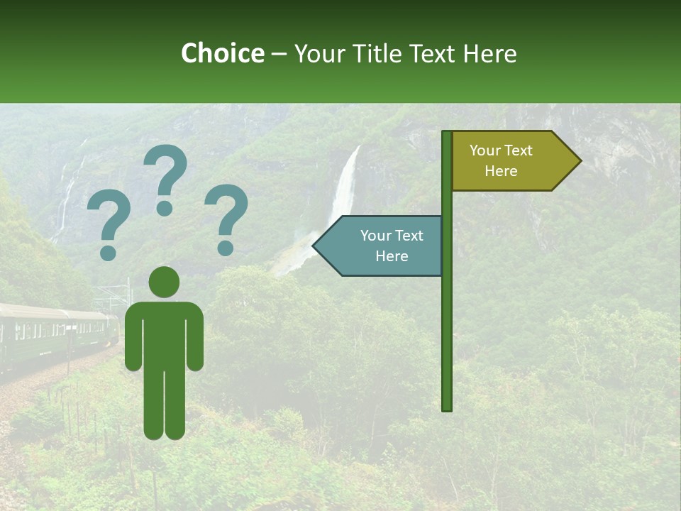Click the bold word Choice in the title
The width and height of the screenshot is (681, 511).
222,53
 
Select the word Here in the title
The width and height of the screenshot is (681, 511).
489,53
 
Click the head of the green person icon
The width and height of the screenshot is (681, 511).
164,282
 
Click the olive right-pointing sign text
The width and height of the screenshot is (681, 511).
501,160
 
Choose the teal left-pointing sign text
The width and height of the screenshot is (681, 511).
391,246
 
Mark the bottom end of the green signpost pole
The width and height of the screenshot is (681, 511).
447,407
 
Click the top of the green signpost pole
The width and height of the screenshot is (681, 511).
447,134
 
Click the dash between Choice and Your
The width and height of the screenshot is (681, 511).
279,54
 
